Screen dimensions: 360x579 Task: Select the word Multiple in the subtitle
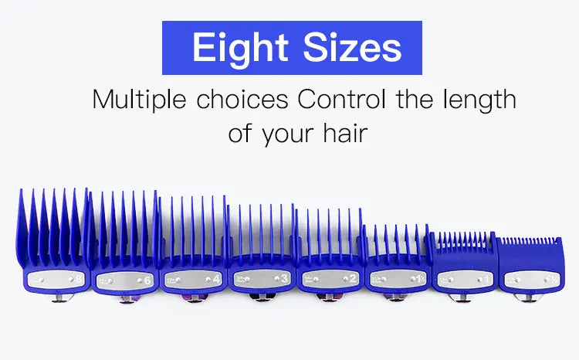pyautogui.click(x=138, y=100)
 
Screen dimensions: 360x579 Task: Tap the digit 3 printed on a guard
pyautogui.click(x=285, y=279)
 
